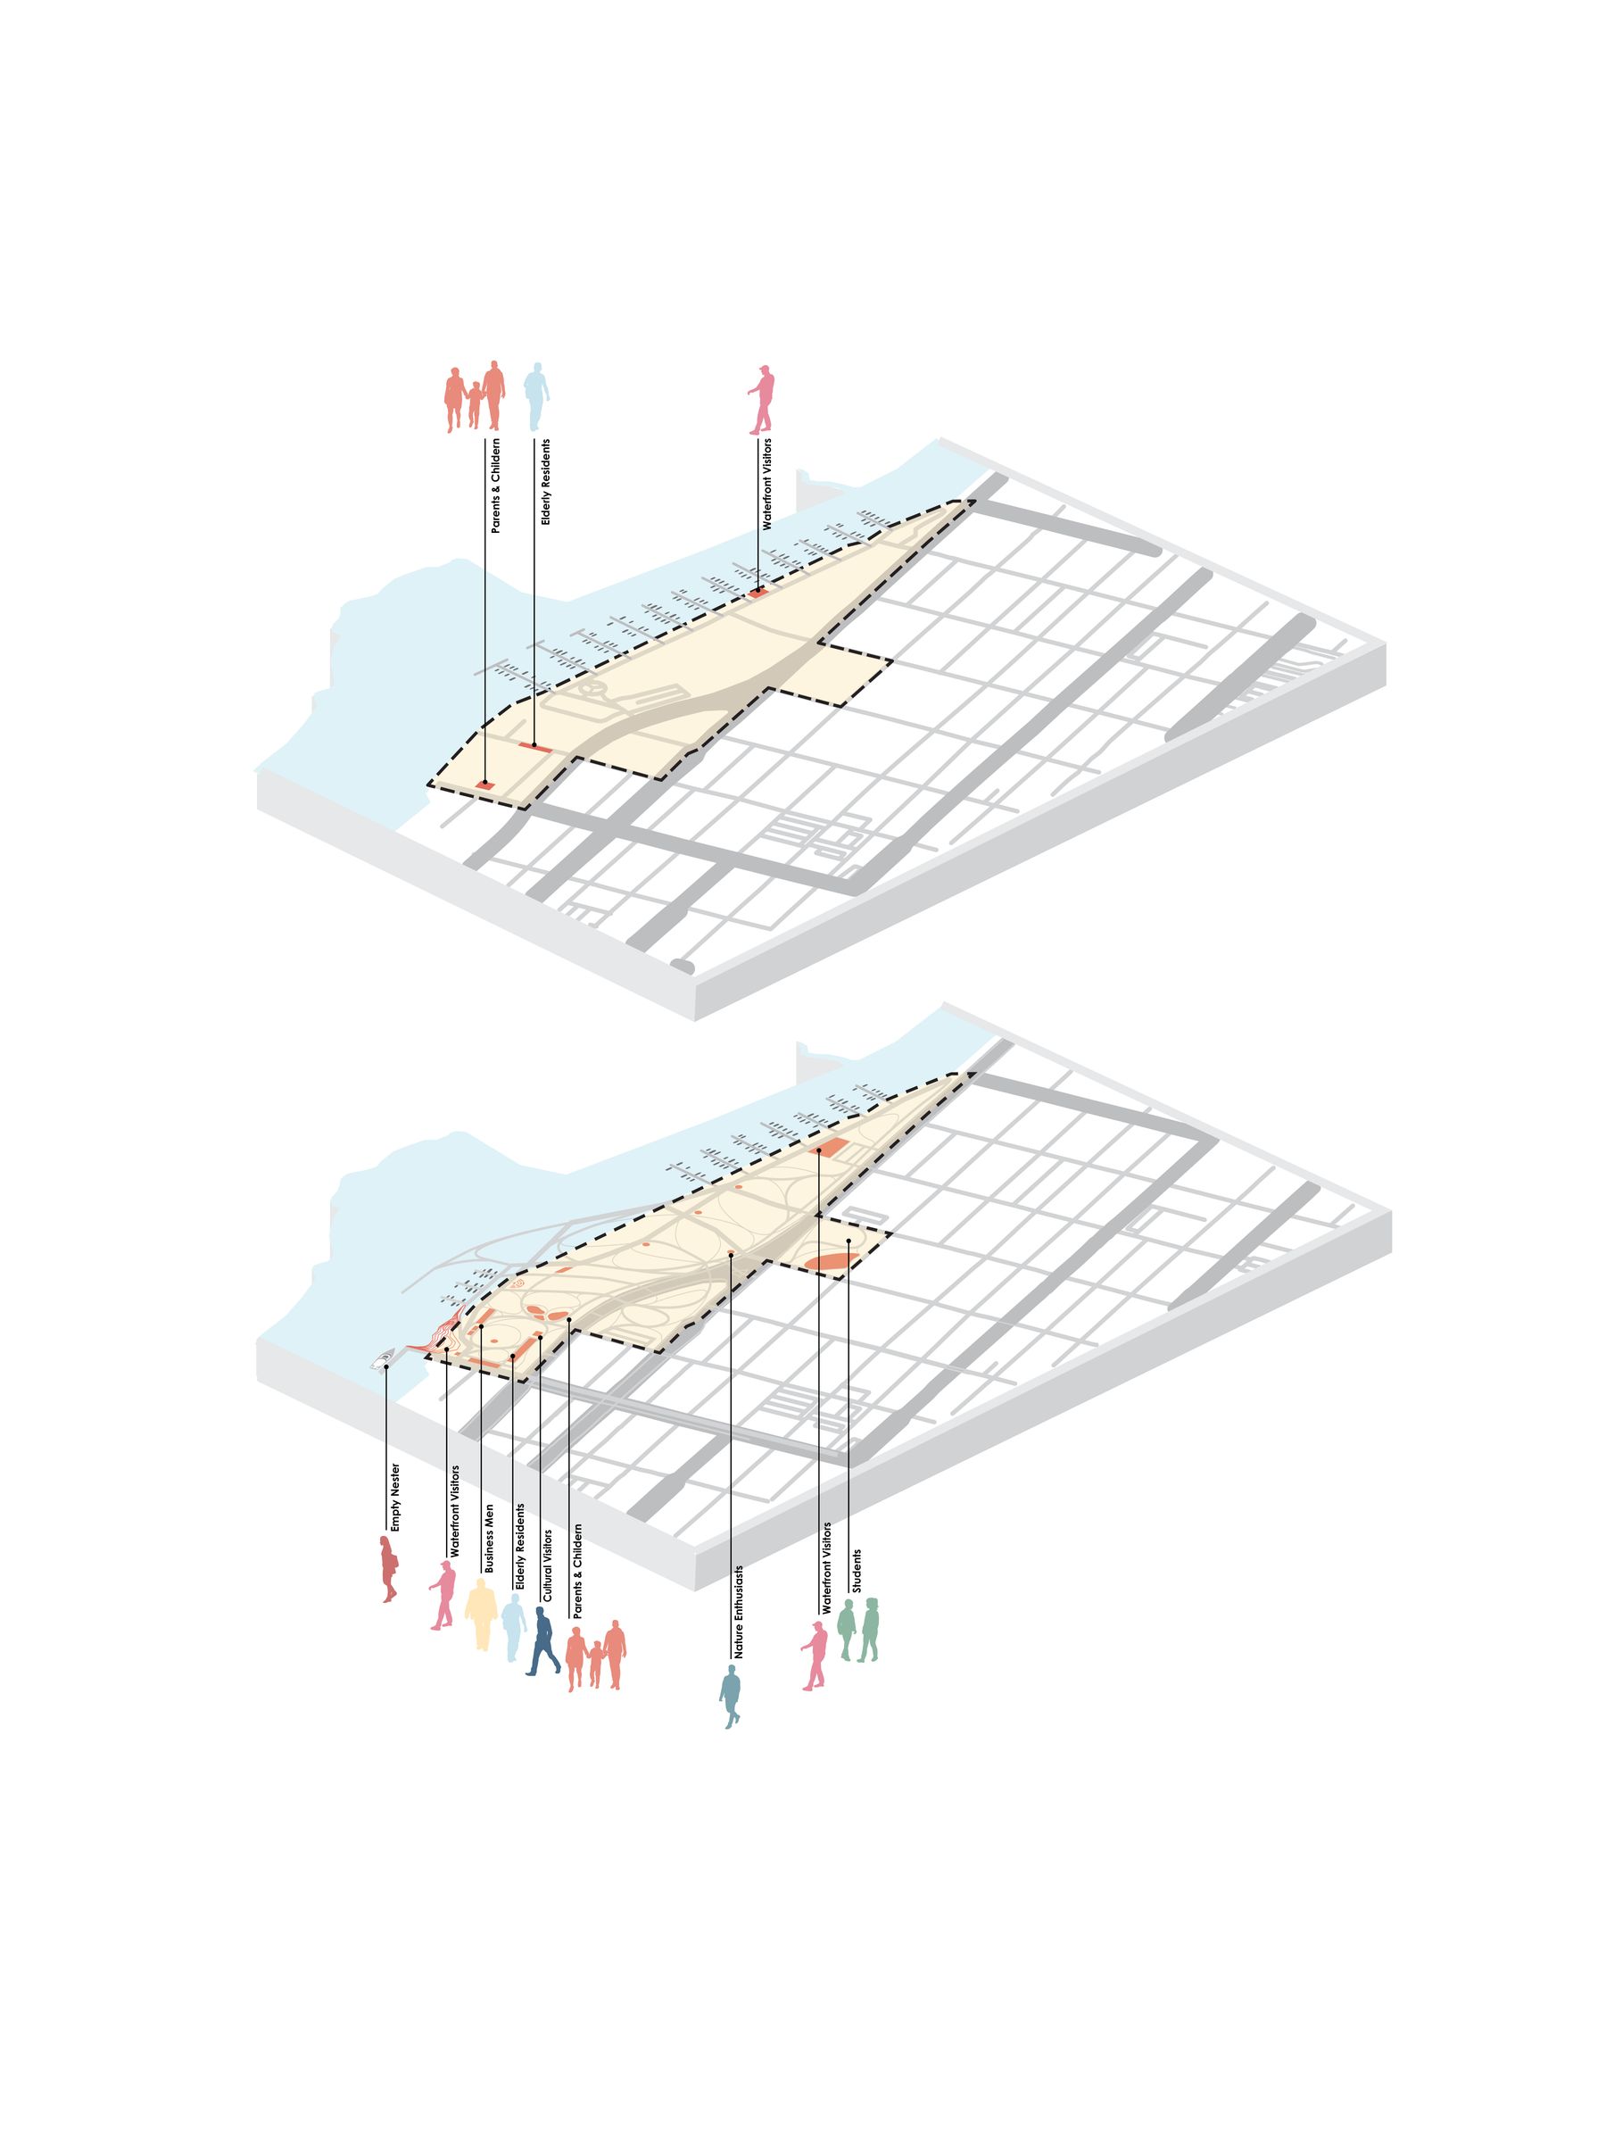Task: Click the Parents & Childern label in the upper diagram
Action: click(496, 486)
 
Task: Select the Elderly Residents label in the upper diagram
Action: click(545, 482)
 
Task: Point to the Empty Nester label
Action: click(395, 1497)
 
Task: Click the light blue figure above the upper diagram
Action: click(535, 397)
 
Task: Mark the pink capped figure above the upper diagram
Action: click(762, 399)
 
